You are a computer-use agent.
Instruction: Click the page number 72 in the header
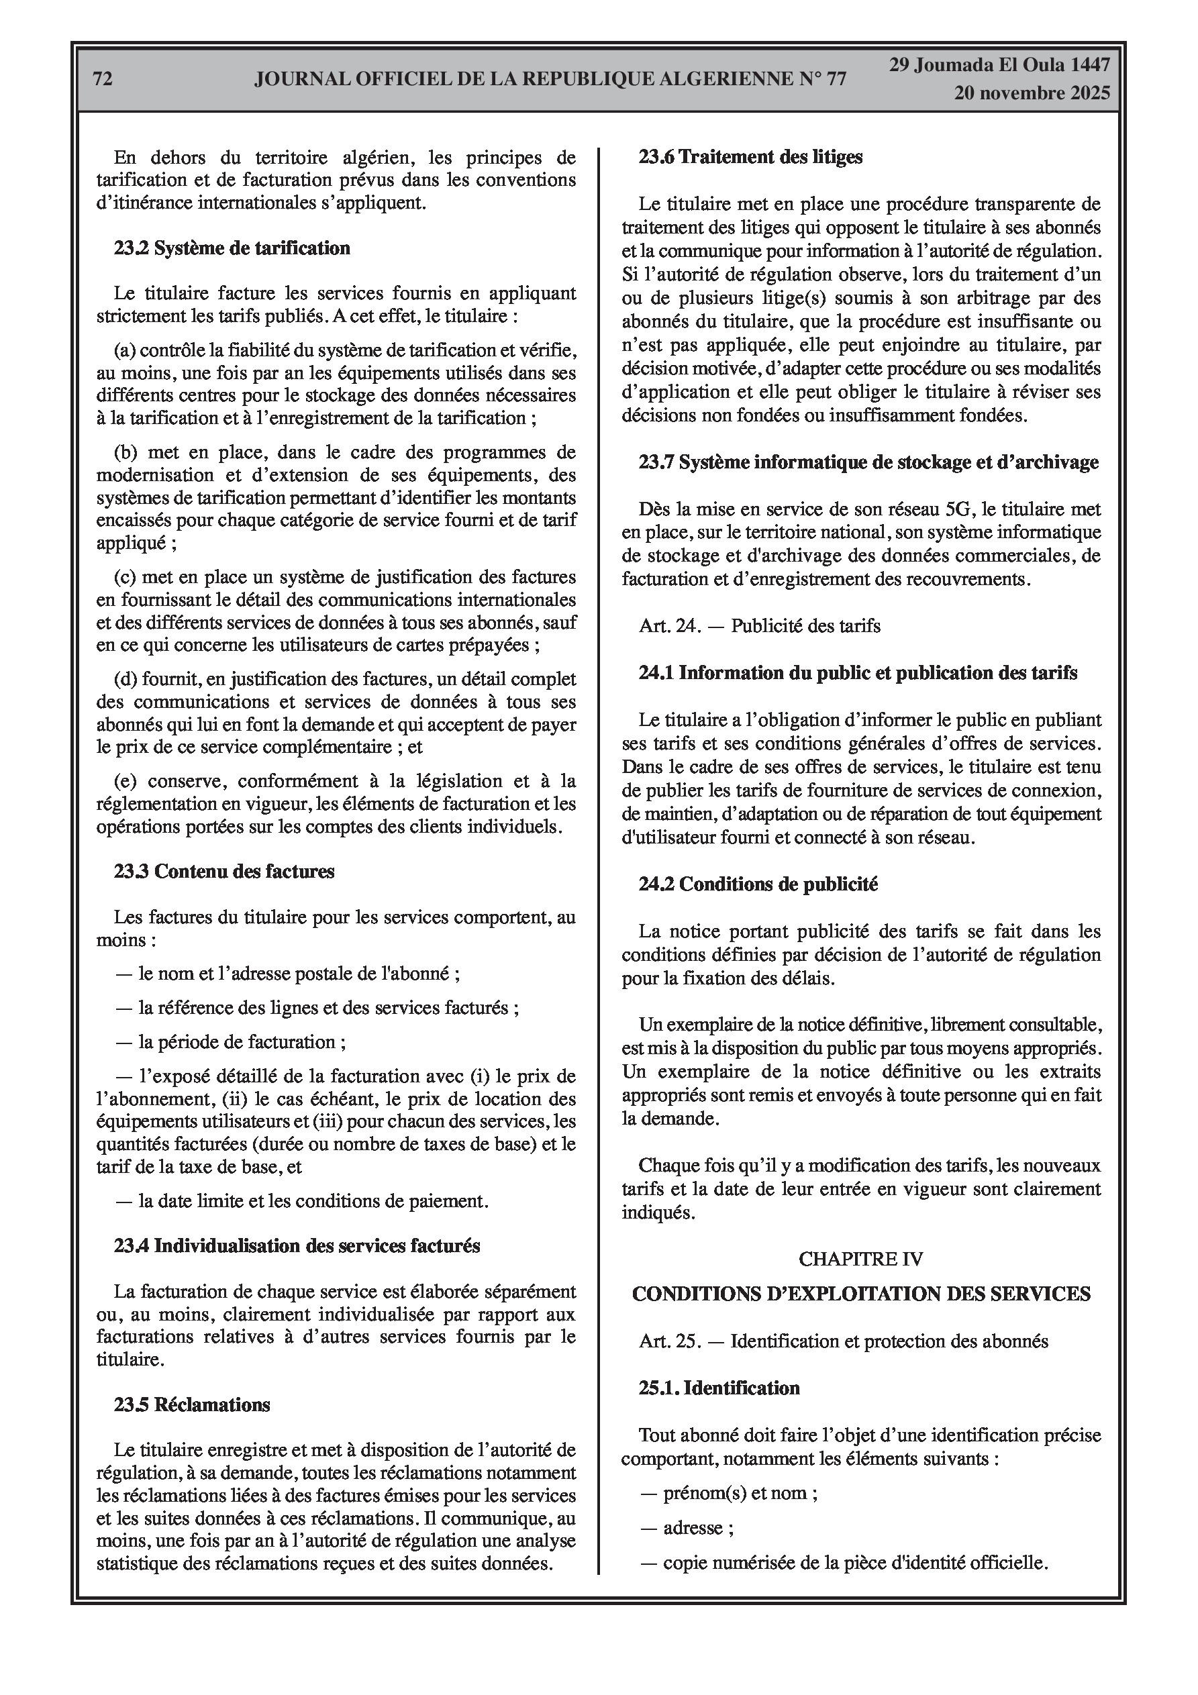pyautogui.click(x=103, y=79)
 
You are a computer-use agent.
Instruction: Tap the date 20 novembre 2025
pyautogui.click(x=1032, y=93)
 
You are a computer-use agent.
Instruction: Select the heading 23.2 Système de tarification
pyautogui.click(x=232, y=248)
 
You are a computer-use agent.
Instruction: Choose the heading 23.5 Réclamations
pyautogui.click(x=192, y=1405)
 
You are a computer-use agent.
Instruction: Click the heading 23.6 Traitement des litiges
pyautogui.click(x=750, y=157)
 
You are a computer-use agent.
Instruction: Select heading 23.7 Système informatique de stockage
pyautogui.click(x=868, y=463)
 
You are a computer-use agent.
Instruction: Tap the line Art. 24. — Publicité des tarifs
pyautogui.click(x=759, y=627)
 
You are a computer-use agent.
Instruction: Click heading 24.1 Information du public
pyautogui.click(x=858, y=673)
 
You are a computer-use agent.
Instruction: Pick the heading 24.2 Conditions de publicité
pyautogui.click(x=758, y=884)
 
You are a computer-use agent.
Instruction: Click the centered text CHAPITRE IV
pyautogui.click(x=860, y=1259)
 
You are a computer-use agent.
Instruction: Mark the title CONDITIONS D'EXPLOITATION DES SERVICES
pyautogui.click(x=861, y=1294)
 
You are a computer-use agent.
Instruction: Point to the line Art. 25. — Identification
pyautogui.click(x=844, y=1341)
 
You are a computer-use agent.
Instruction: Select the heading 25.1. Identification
pyautogui.click(x=719, y=1388)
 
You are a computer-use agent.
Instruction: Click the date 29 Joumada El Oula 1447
pyautogui.click(x=999, y=65)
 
